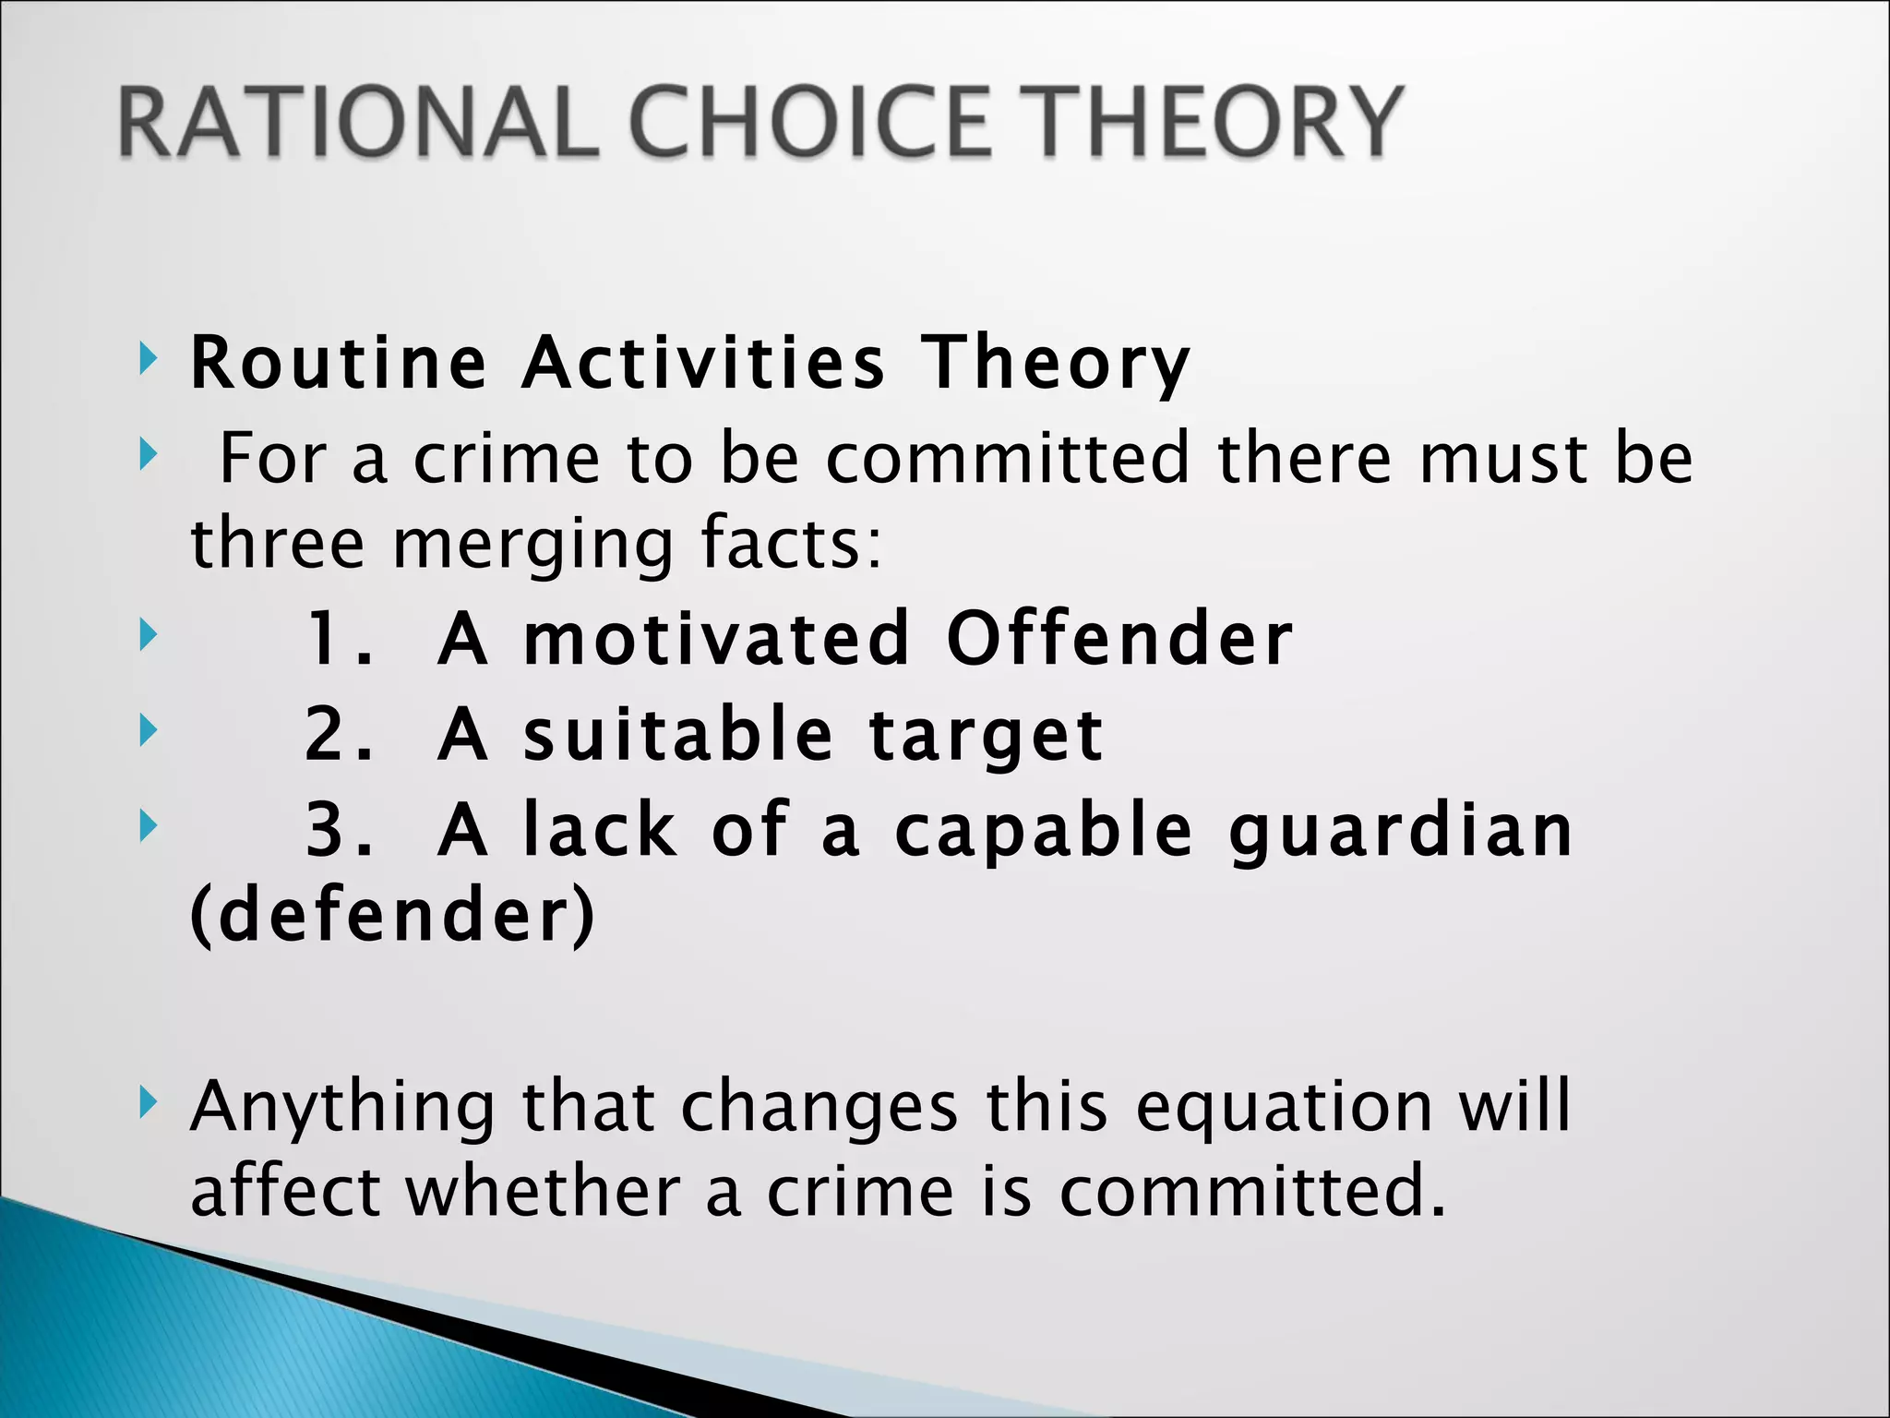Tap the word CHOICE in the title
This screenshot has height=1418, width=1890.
[x=812, y=122]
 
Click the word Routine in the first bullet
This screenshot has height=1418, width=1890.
[x=338, y=362]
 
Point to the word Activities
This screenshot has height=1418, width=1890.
[x=703, y=362]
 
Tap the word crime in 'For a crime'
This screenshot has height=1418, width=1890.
[x=506, y=458]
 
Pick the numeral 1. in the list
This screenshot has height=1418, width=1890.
[x=340, y=639]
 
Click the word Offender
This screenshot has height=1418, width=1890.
[x=1118, y=639]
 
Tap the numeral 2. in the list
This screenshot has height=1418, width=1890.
[x=340, y=735]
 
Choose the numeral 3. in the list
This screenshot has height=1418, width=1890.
[x=340, y=830]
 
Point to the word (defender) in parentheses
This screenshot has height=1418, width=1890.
[x=393, y=916]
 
